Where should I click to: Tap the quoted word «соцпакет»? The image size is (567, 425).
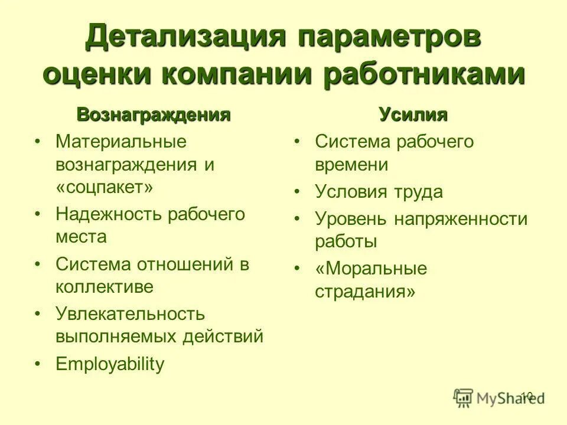105,187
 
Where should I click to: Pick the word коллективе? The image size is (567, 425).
105,287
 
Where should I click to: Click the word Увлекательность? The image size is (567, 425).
131,313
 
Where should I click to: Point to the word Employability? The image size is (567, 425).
110,364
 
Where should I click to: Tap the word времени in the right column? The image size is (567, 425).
351,165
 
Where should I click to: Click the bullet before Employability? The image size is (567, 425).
37,365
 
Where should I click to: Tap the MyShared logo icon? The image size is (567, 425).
464,398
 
